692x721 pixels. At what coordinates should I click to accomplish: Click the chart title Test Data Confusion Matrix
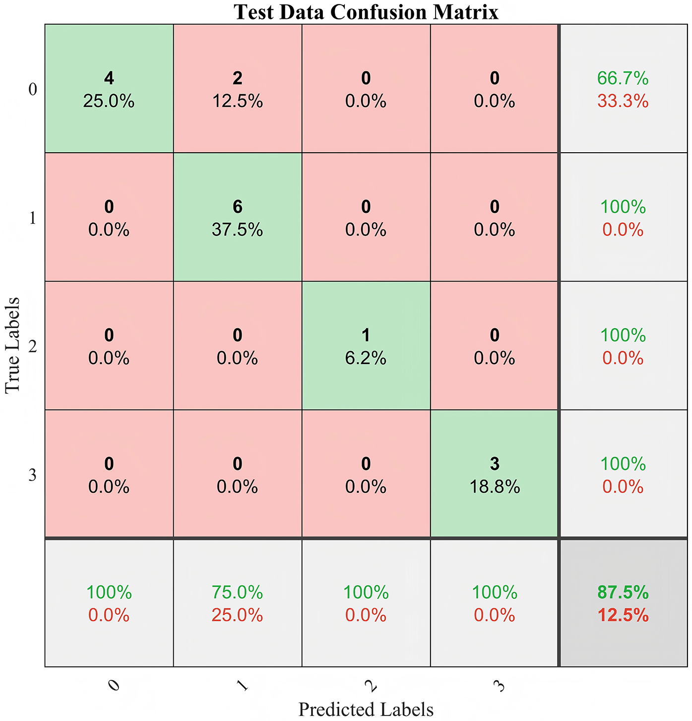pos(366,12)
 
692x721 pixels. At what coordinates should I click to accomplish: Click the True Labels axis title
pos(13,345)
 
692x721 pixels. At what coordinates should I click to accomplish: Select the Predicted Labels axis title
pos(366,709)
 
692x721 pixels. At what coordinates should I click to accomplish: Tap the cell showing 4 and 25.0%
pos(109,89)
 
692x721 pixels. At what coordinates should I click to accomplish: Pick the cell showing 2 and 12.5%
pos(238,89)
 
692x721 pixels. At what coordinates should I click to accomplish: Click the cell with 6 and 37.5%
pos(238,218)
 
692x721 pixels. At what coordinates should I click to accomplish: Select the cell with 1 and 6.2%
pos(366,346)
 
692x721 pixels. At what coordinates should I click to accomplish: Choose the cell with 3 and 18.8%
pos(495,475)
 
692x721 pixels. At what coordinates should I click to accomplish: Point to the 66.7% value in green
pos(623,78)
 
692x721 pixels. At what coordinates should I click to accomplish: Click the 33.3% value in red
pos(623,101)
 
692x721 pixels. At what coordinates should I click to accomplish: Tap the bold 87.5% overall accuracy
pos(623,592)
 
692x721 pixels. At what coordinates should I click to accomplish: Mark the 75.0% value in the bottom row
pos(238,592)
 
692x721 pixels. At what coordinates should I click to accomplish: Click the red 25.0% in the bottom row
pos(238,615)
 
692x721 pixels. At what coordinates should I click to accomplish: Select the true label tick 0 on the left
pos(33,90)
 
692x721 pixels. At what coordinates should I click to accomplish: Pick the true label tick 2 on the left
pos(33,347)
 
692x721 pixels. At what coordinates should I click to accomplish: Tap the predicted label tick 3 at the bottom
pos(500,686)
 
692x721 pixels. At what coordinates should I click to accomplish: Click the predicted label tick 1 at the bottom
pos(243,686)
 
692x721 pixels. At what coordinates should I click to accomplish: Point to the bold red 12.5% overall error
pos(623,615)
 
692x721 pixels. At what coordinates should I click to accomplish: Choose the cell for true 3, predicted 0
pos(109,475)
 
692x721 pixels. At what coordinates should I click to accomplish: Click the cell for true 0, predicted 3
pos(495,89)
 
